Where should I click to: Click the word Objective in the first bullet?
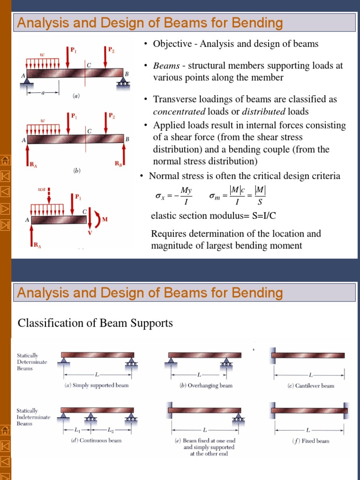(x=170, y=44)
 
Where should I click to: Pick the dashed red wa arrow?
(x=49, y=194)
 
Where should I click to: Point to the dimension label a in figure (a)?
(x=43, y=93)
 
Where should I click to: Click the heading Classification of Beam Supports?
(x=95, y=323)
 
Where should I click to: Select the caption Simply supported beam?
(x=96, y=386)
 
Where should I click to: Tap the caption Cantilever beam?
(x=310, y=386)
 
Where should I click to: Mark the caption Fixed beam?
(x=310, y=441)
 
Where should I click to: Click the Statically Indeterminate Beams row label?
(x=33, y=417)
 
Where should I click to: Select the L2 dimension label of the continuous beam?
(x=111, y=429)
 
